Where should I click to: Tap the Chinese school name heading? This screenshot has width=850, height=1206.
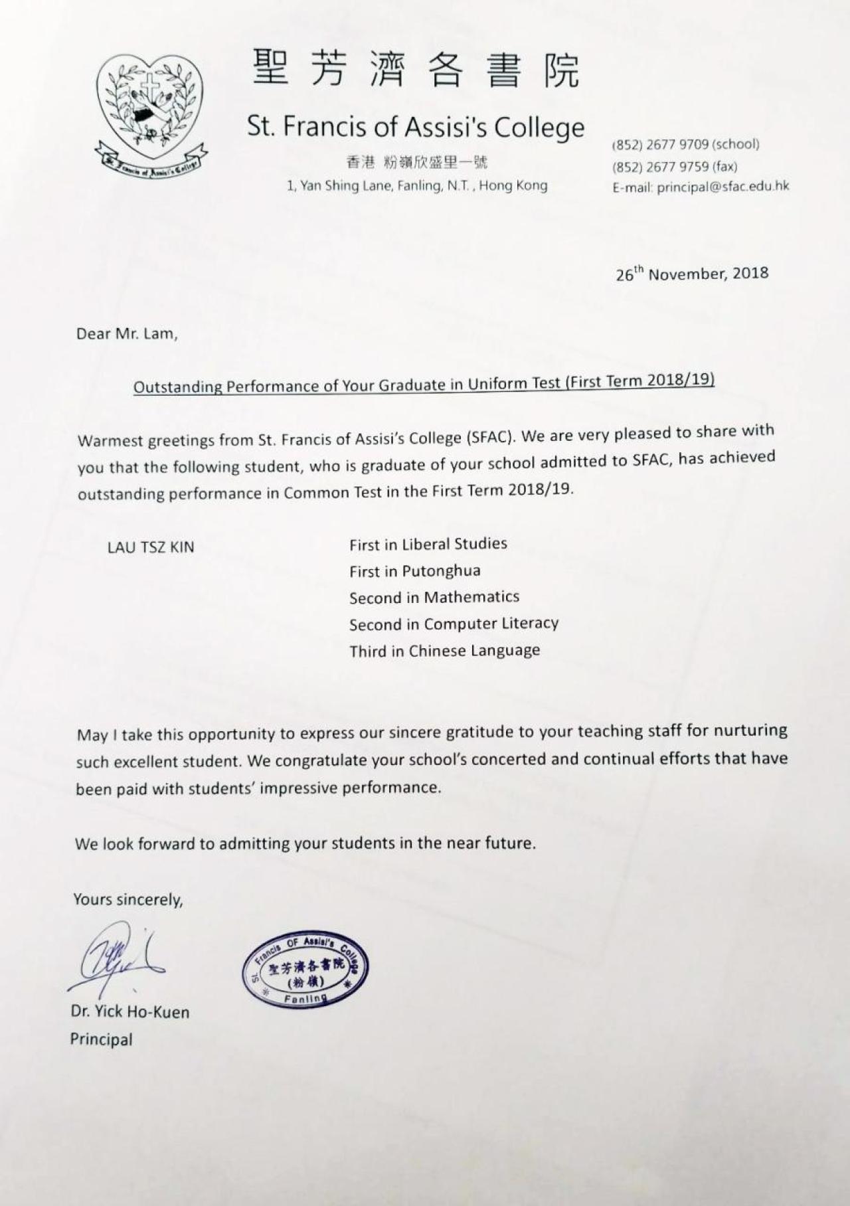click(416, 70)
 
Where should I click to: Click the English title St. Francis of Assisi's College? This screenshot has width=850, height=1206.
click(416, 126)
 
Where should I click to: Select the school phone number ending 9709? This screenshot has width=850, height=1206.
click(685, 144)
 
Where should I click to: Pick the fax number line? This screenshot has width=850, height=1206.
click(675, 166)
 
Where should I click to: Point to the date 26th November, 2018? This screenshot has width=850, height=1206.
click(692, 274)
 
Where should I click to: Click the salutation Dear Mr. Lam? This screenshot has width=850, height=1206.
click(127, 333)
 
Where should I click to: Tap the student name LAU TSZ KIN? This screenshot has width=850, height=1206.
click(151, 547)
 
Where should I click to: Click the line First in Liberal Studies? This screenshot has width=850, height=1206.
click(428, 544)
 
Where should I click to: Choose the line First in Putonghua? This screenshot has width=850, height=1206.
click(415, 570)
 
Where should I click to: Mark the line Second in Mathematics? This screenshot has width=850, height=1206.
click(434, 597)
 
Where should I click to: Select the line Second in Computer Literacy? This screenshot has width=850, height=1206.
click(454, 624)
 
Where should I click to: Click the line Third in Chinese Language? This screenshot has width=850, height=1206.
click(444, 650)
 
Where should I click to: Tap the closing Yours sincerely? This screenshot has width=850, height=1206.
click(128, 899)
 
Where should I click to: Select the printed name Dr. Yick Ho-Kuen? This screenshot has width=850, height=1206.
click(130, 1012)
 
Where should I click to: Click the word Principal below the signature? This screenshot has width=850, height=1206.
click(102, 1039)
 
